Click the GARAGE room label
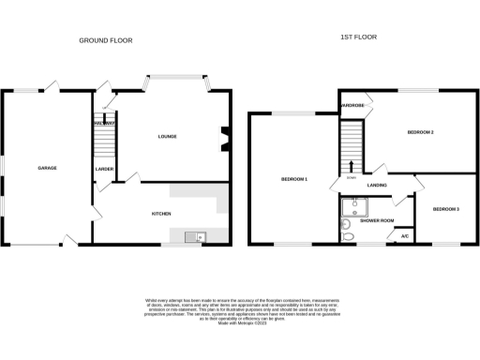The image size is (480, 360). click(x=47, y=168)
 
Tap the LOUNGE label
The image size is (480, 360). click(x=167, y=137)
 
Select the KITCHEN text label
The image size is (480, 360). click(x=161, y=214)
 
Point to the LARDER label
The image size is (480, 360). click(x=104, y=168)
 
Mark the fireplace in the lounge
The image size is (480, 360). click(x=223, y=138)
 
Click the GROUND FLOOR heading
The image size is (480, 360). click(x=105, y=40)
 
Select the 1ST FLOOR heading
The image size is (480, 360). click(x=358, y=37)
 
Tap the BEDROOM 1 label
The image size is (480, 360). click(x=294, y=178)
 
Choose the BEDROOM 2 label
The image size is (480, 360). click(x=420, y=133)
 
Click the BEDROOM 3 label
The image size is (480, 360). click(x=445, y=208)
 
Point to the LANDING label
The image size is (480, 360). click(x=378, y=186)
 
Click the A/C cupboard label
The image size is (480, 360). click(x=405, y=236)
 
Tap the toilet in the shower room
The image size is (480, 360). click(x=348, y=238)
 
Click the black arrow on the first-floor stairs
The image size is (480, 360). click(x=352, y=165)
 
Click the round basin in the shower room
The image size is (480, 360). click(x=344, y=225)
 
